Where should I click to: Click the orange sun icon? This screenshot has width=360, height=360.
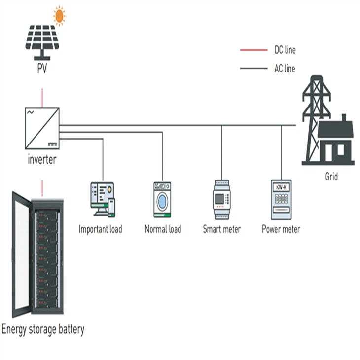[x=59, y=16]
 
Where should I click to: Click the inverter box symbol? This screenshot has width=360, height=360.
[x=42, y=128]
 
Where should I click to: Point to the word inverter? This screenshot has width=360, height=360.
[x=42, y=160]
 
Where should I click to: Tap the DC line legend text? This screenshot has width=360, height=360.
[x=285, y=50]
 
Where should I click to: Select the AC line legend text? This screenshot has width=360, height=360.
[x=285, y=69]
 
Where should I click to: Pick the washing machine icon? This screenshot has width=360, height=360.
[x=162, y=200]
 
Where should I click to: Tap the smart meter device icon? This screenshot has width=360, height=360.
[x=221, y=200]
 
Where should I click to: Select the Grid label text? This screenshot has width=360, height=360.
[x=331, y=176]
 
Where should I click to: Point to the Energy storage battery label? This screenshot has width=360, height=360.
[x=43, y=329]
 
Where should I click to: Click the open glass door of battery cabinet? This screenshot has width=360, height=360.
[x=20, y=256]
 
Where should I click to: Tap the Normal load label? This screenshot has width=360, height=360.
[x=163, y=229]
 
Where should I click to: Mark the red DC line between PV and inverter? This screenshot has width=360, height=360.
[x=42, y=97]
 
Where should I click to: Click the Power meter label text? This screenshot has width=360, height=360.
[x=281, y=229]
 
